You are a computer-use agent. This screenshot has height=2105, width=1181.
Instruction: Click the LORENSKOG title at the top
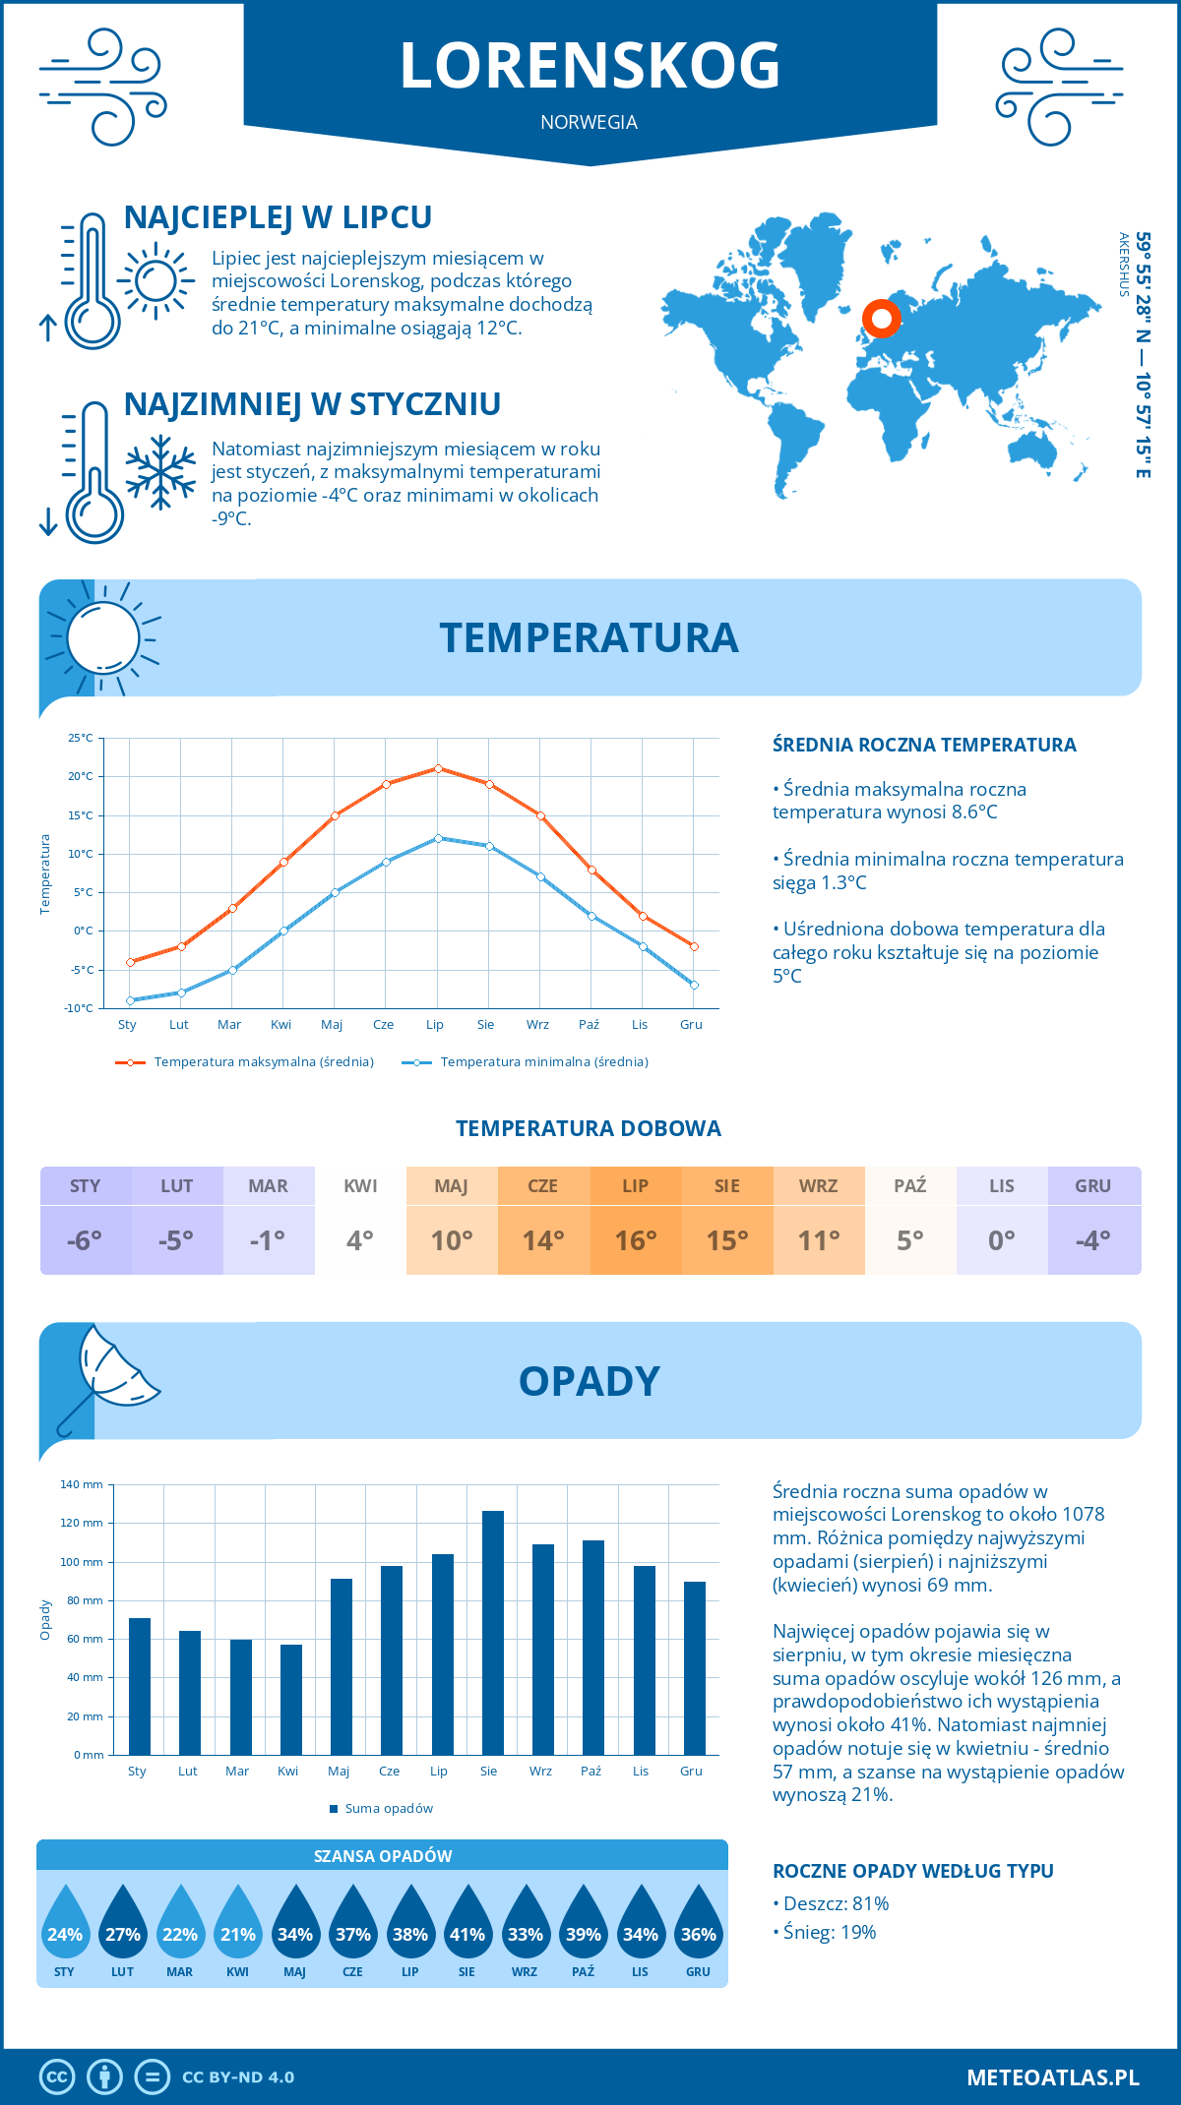(x=590, y=66)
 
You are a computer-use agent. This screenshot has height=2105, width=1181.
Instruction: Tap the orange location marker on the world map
(x=882, y=318)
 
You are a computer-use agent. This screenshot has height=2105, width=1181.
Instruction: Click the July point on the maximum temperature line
(x=438, y=768)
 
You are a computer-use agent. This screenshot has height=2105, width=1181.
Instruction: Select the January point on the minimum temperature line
(x=130, y=1000)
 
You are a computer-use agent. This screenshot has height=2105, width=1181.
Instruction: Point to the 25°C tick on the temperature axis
(x=81, y=738)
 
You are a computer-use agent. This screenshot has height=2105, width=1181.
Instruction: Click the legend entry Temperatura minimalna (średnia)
(x=526, y=1062)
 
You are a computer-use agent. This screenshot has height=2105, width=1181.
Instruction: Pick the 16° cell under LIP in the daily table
(x=635, y=1240)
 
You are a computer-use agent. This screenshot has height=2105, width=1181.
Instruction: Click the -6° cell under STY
(x=85, y=1240)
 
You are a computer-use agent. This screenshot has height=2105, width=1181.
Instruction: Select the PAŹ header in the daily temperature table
(x=909, y=1186)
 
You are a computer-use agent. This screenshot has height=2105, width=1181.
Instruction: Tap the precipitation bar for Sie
(x=492, y=1633)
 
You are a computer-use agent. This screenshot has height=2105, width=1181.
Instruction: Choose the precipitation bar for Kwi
(x=290, y=1700)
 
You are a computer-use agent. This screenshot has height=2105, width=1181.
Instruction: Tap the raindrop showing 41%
(x=467, y=1929)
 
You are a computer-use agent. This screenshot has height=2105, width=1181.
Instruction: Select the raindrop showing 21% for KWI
(x=237, y=1929)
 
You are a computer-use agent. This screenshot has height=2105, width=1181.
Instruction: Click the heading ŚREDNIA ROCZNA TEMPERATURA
(x=924, y=745)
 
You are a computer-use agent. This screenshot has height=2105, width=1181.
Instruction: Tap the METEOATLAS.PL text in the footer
(x=1052, y=2076)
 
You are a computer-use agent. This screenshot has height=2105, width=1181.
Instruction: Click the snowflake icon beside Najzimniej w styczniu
(x=160, y=472)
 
